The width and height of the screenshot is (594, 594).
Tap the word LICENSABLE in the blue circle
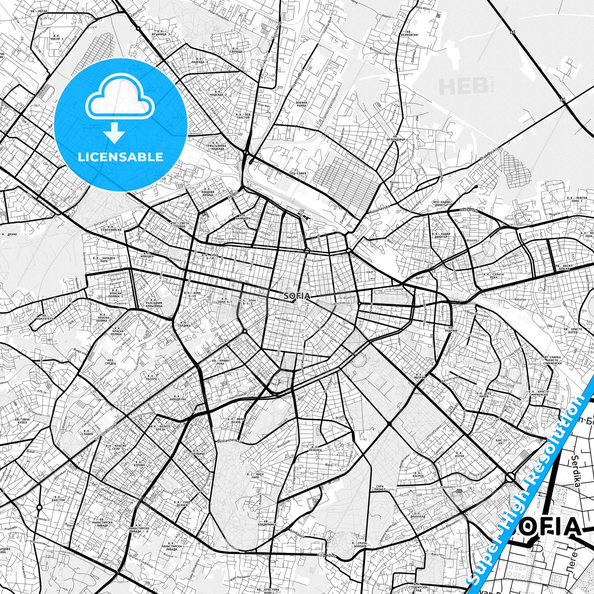click(x=120, y=157)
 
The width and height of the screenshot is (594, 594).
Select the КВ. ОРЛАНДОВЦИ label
click(x=398, y=138)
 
